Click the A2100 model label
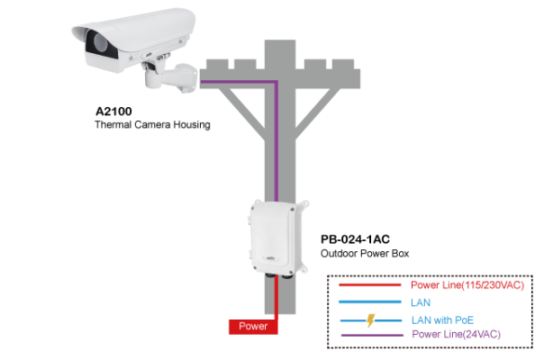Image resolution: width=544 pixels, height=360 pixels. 114,112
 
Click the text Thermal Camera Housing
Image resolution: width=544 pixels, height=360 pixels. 152,125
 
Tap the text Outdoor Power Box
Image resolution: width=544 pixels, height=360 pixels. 365,254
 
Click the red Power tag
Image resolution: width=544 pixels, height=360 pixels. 253,326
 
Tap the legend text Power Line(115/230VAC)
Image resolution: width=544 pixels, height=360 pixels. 467,285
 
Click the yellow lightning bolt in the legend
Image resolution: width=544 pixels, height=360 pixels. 369,319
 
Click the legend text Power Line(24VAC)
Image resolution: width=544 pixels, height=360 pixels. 455,335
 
